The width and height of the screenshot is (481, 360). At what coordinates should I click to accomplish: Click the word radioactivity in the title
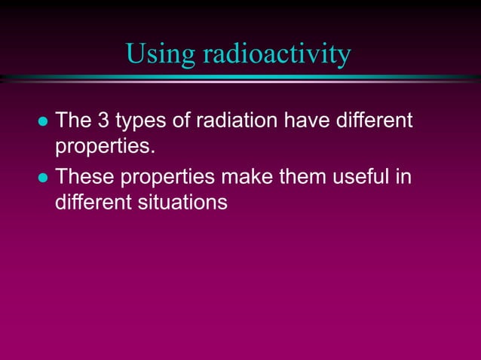(x=276, y=53)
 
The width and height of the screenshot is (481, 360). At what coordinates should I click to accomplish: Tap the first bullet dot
(x=42, y=121)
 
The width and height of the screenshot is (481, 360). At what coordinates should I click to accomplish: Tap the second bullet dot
(x=42, y=178)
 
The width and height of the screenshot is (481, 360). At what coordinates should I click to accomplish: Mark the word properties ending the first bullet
(x=105, y=145)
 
